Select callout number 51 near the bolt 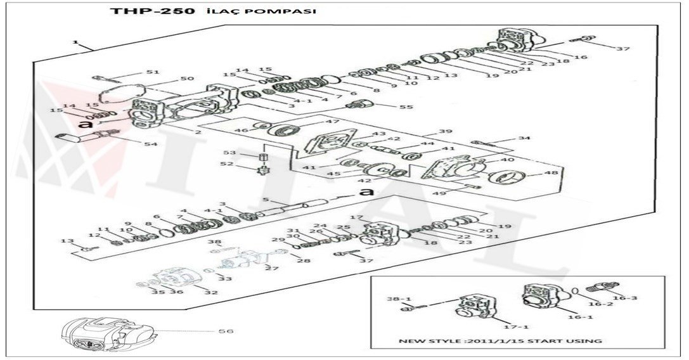153,72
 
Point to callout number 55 406,107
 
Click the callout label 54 150,145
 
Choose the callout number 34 524,138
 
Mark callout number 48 551,172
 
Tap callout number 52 227,164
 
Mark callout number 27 272,269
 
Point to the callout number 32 211,292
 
